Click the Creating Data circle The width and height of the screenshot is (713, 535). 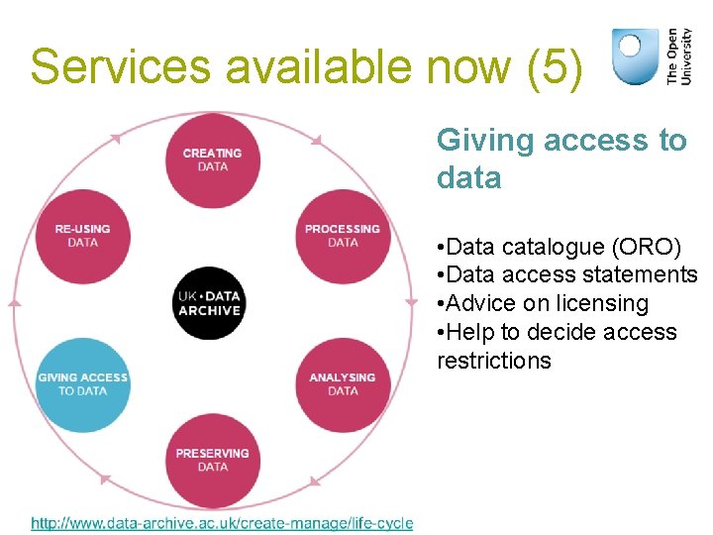coord(212,160)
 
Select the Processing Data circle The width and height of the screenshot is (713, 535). coord(343,236)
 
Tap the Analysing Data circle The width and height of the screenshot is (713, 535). coord(343,383)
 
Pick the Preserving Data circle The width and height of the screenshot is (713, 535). coord(212,460)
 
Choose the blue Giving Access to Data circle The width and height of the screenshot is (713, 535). coord(82,383)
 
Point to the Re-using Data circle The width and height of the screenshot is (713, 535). coord(82,236)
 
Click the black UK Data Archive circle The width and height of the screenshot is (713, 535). coord(209,302)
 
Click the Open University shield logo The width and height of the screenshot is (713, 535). coord(635,55)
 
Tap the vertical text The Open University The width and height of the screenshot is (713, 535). coord(679,55)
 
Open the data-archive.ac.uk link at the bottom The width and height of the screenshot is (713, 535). coord(222,523)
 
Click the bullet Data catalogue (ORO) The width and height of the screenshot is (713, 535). coord(563,246)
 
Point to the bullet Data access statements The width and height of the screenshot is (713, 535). coord(566,274)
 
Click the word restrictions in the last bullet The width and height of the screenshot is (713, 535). coord(493,361)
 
